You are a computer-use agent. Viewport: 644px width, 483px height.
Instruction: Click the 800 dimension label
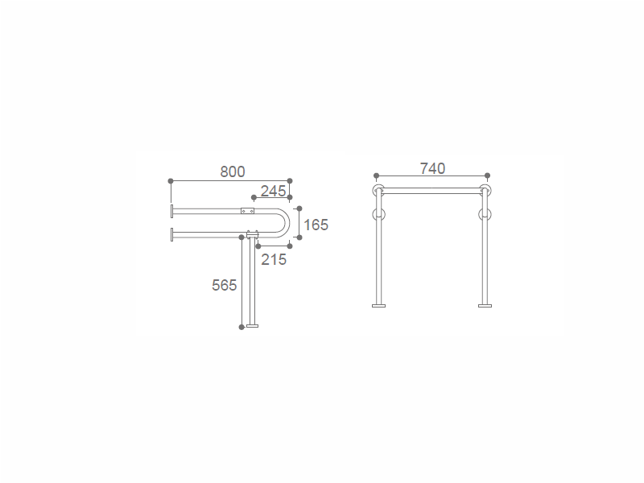point(233,171)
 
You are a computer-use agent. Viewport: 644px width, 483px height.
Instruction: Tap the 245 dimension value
point(273,191)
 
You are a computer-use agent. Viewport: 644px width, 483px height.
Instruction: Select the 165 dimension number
point(316,225)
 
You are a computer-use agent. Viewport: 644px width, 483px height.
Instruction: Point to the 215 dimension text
point(274,259)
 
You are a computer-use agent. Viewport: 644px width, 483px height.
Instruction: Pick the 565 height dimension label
point(225,285)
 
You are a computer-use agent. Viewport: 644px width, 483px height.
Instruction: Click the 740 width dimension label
point(432,168)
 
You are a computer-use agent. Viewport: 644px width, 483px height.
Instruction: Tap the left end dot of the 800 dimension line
point(171,181)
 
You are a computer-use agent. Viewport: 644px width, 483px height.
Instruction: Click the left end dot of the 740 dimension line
point(377,175)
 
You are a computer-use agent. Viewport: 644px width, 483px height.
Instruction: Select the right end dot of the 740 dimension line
point(488,175)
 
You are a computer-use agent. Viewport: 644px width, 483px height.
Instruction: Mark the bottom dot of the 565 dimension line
point(242,327)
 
